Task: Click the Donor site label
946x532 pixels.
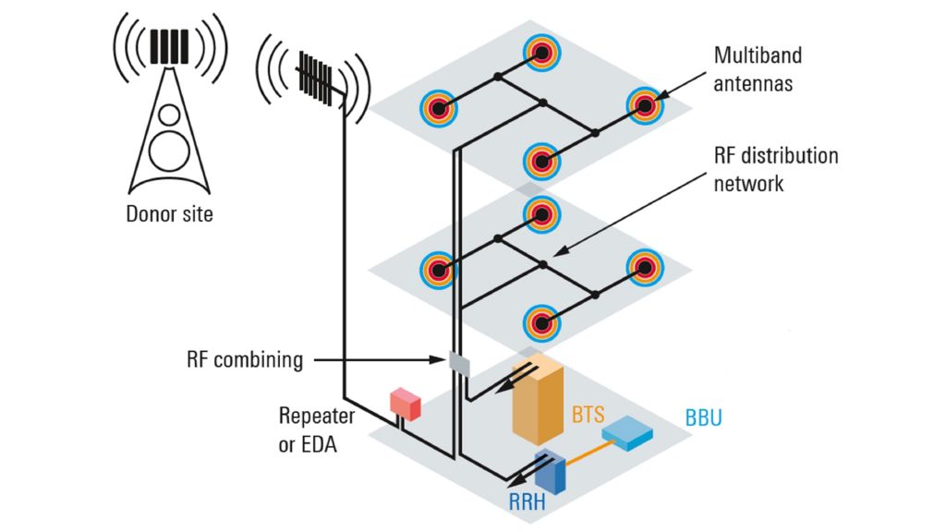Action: point(169,215)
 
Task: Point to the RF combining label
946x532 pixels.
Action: point(245,360)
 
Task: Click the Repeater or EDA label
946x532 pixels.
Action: point(309,430)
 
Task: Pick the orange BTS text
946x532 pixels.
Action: point(588,415)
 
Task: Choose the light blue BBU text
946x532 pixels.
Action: point(704,417)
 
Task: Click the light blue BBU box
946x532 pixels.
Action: point(626,432)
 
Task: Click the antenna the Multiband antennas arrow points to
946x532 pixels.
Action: point(645,106)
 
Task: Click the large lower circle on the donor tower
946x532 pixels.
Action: point(169,151)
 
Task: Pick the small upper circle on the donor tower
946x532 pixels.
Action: point(169,115)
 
